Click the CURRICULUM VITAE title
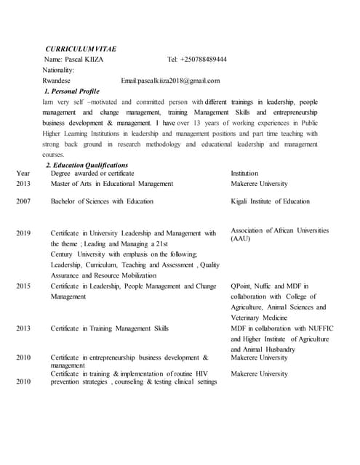coord(81,48)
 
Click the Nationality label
coord(59,70)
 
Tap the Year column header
coord(23,174)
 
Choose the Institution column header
coord(246,174)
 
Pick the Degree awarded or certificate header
coord(92,174)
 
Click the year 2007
coord(23,201)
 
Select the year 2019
coord(23,233)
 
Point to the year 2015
coord(23,286)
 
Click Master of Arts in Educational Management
coord(112,185)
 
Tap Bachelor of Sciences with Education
coord(102,201)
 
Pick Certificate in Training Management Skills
coord(110,328)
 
